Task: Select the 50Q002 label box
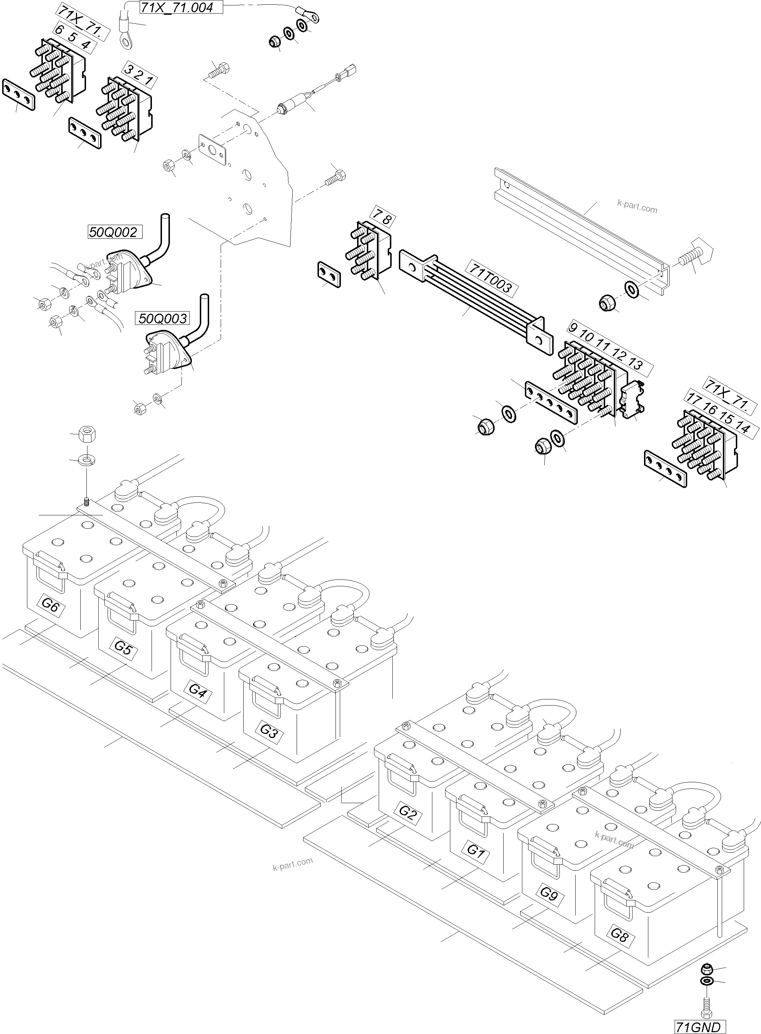point(113,232)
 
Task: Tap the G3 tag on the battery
point(269,731)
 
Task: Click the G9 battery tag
point(549,893)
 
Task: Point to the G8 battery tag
point(620,934)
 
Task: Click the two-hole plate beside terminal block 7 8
point(329,275)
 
